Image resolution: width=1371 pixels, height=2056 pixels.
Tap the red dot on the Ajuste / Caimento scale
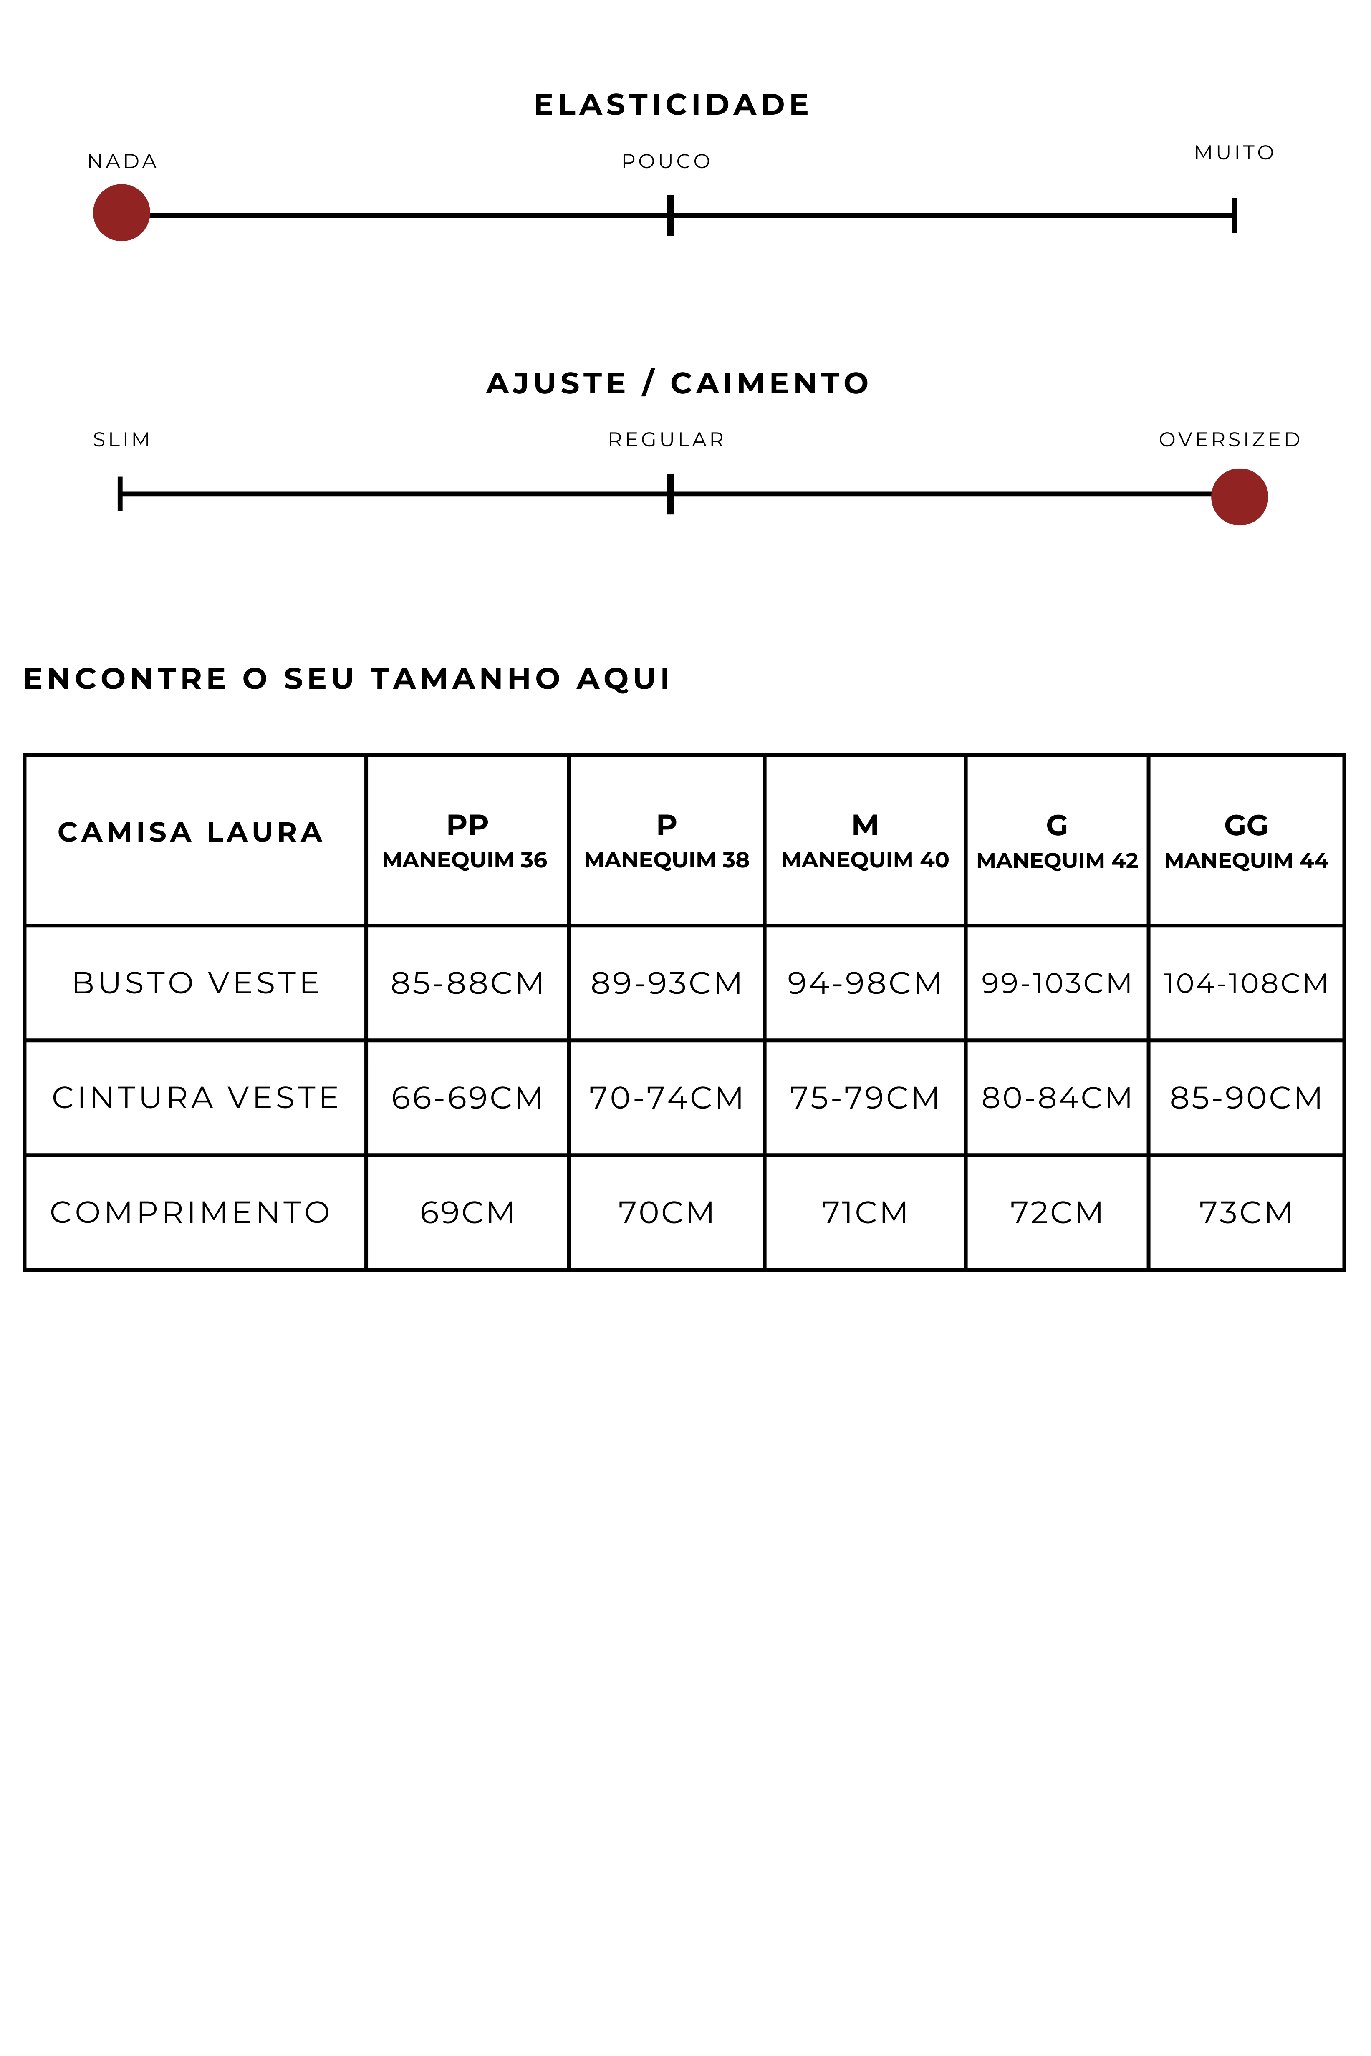click(x=1239, y=496)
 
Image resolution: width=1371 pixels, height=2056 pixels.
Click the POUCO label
click(x=666, y=162)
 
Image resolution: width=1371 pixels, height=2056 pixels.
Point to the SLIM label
click(x=121, y=440)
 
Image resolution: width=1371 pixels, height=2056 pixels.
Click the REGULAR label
click(x=666, y=440)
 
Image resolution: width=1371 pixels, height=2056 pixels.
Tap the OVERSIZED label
click(x=1230, y=440)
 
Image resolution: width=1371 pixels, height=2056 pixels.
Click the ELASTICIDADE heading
click(x=672, y=105)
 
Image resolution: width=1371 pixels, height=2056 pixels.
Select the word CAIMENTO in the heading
click(x=770, y=383)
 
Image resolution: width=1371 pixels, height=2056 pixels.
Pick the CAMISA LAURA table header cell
click(x=191, y=832)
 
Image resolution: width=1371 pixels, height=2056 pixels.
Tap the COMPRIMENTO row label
click(x=191, y=1212)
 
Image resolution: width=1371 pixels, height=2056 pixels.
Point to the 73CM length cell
click(x=1246, y=1212)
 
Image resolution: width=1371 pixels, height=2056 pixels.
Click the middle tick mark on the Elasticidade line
click(x=670, y=215)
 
